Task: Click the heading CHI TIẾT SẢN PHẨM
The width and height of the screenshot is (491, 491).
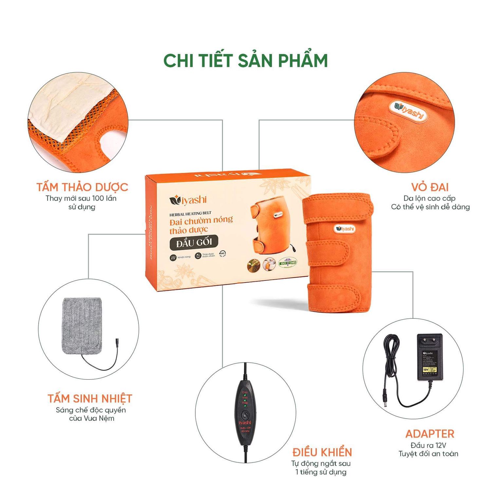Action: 245,61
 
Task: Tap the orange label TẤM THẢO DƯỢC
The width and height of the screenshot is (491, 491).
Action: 82,187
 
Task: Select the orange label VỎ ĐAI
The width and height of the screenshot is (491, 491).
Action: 430,187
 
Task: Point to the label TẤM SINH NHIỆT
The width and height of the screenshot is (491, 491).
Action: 90,399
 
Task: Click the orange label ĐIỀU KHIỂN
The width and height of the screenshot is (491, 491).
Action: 322,452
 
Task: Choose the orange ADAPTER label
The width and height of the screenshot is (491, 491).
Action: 430,434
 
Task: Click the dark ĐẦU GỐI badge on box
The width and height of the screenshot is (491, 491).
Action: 194,243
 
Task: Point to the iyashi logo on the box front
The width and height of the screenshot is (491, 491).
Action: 188,200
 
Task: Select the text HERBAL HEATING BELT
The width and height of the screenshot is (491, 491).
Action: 190,214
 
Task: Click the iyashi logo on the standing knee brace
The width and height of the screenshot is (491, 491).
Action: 345,228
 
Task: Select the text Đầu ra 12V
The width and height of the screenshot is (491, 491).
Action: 428,446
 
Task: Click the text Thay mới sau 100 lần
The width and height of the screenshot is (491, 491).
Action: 81,198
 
